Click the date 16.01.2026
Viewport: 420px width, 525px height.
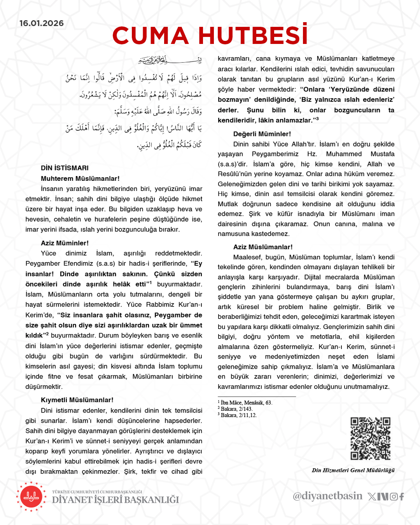coord(42,23)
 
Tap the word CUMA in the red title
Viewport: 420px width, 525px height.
coord(150,36)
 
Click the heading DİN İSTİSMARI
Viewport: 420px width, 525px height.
coord(65,168)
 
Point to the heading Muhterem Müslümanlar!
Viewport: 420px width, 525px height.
coord(80,178)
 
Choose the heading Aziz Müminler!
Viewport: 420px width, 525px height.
coord(65,243)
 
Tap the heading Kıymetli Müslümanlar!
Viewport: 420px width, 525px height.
coord(77,400)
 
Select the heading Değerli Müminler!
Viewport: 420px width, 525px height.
coord(262,134)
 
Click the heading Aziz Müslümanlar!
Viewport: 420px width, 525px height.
coord(263,247)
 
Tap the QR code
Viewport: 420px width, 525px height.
coord(370,439)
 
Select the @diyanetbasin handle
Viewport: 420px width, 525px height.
coord(327,496)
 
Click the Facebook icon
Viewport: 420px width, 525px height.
coord(401,497)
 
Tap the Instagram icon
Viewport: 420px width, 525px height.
coord(394,497)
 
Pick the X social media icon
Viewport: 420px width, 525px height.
coord(372,497)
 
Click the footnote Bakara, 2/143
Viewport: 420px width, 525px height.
coord(236,409)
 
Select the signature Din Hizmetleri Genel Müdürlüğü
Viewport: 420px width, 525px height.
coord(353,470)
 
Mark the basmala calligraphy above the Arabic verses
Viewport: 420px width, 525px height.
coord(170,60)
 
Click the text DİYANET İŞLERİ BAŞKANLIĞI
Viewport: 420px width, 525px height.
coord(115,500)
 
